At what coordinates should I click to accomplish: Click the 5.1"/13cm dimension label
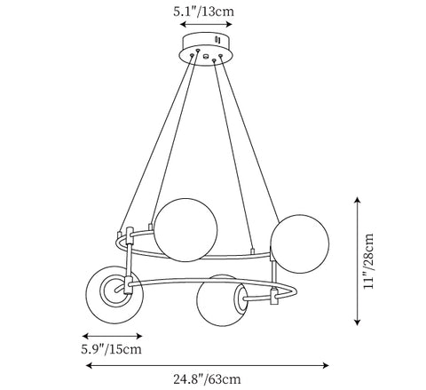point(203,12)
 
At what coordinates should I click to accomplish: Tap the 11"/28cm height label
point(368,261)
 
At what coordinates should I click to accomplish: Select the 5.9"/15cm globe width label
point(112,349)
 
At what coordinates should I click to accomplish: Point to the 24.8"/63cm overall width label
point(207,379)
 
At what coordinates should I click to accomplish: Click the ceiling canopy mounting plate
point(206,48)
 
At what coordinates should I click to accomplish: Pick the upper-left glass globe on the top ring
point(185,230)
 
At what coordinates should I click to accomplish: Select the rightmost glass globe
point(299,243)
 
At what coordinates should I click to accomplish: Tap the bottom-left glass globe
point(114,295)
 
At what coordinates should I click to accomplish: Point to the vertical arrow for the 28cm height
point(358,261)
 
